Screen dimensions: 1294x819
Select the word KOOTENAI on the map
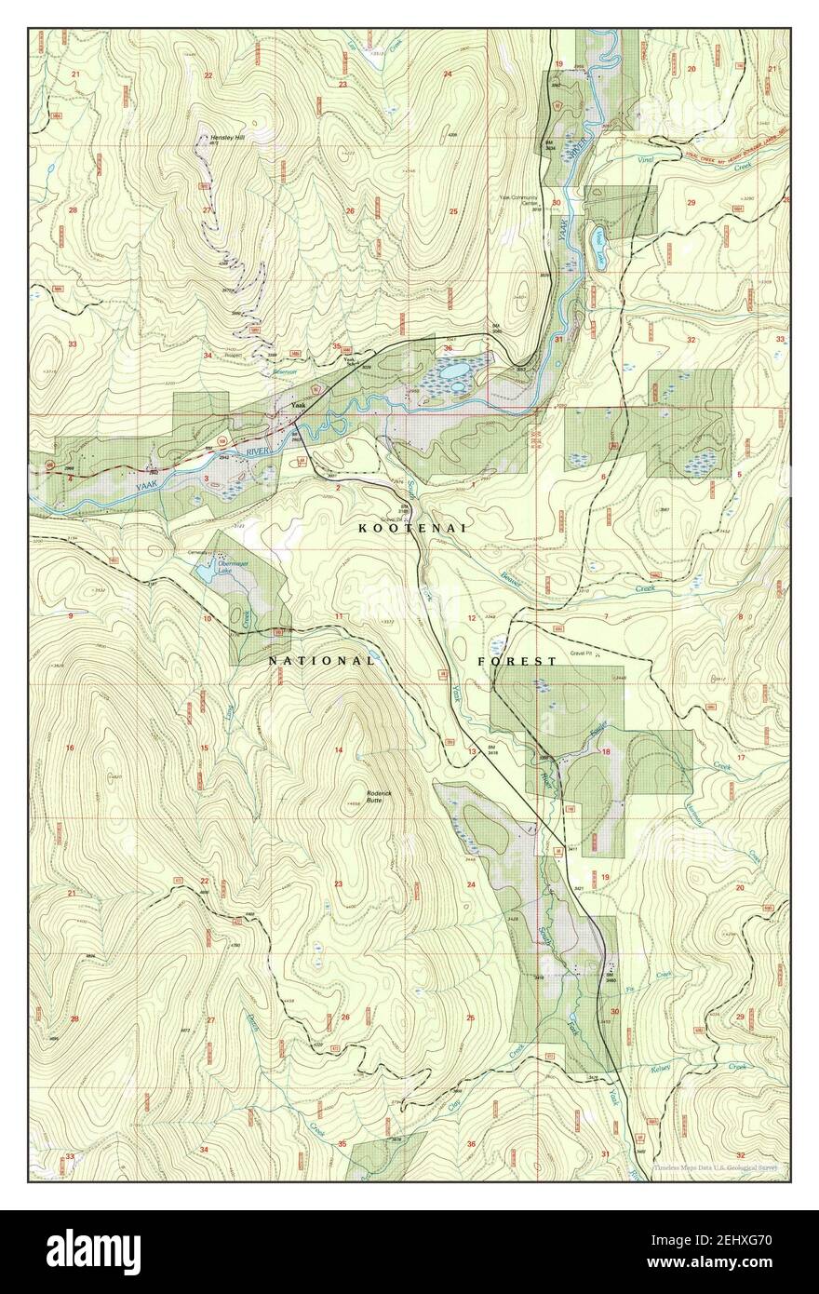(x=411, y=528)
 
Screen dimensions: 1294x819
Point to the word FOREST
(x=517, y=661)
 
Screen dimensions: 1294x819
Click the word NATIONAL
(x=321, y=661)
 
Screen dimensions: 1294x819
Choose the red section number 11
(x=340, y=616)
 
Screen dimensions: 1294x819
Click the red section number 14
(x=339, y=750)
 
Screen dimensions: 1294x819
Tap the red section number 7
(x=605, y=616)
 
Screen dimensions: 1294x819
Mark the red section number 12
(x=472, y=618)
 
